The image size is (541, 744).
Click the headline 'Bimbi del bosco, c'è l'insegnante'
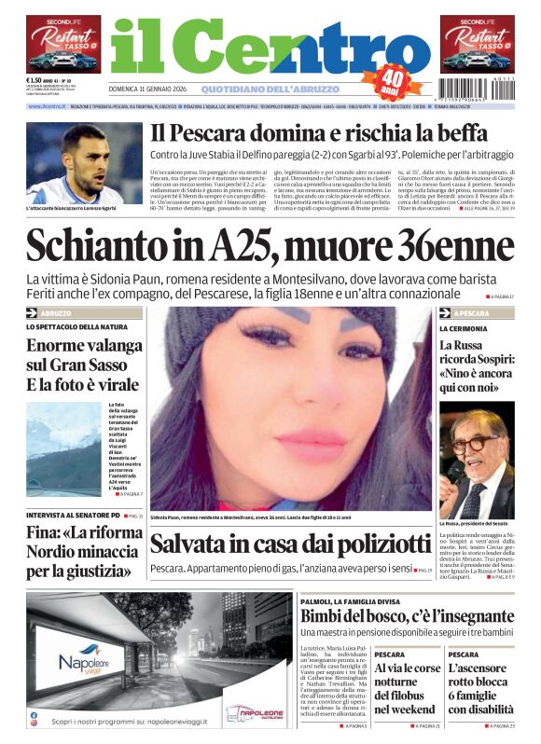pyautogui.click(x=407, y=616)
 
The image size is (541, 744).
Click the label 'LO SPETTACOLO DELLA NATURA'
pyautogui.click(x=77, y=327)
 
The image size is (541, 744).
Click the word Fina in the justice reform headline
pyautogui.click(x=43, y=535)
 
